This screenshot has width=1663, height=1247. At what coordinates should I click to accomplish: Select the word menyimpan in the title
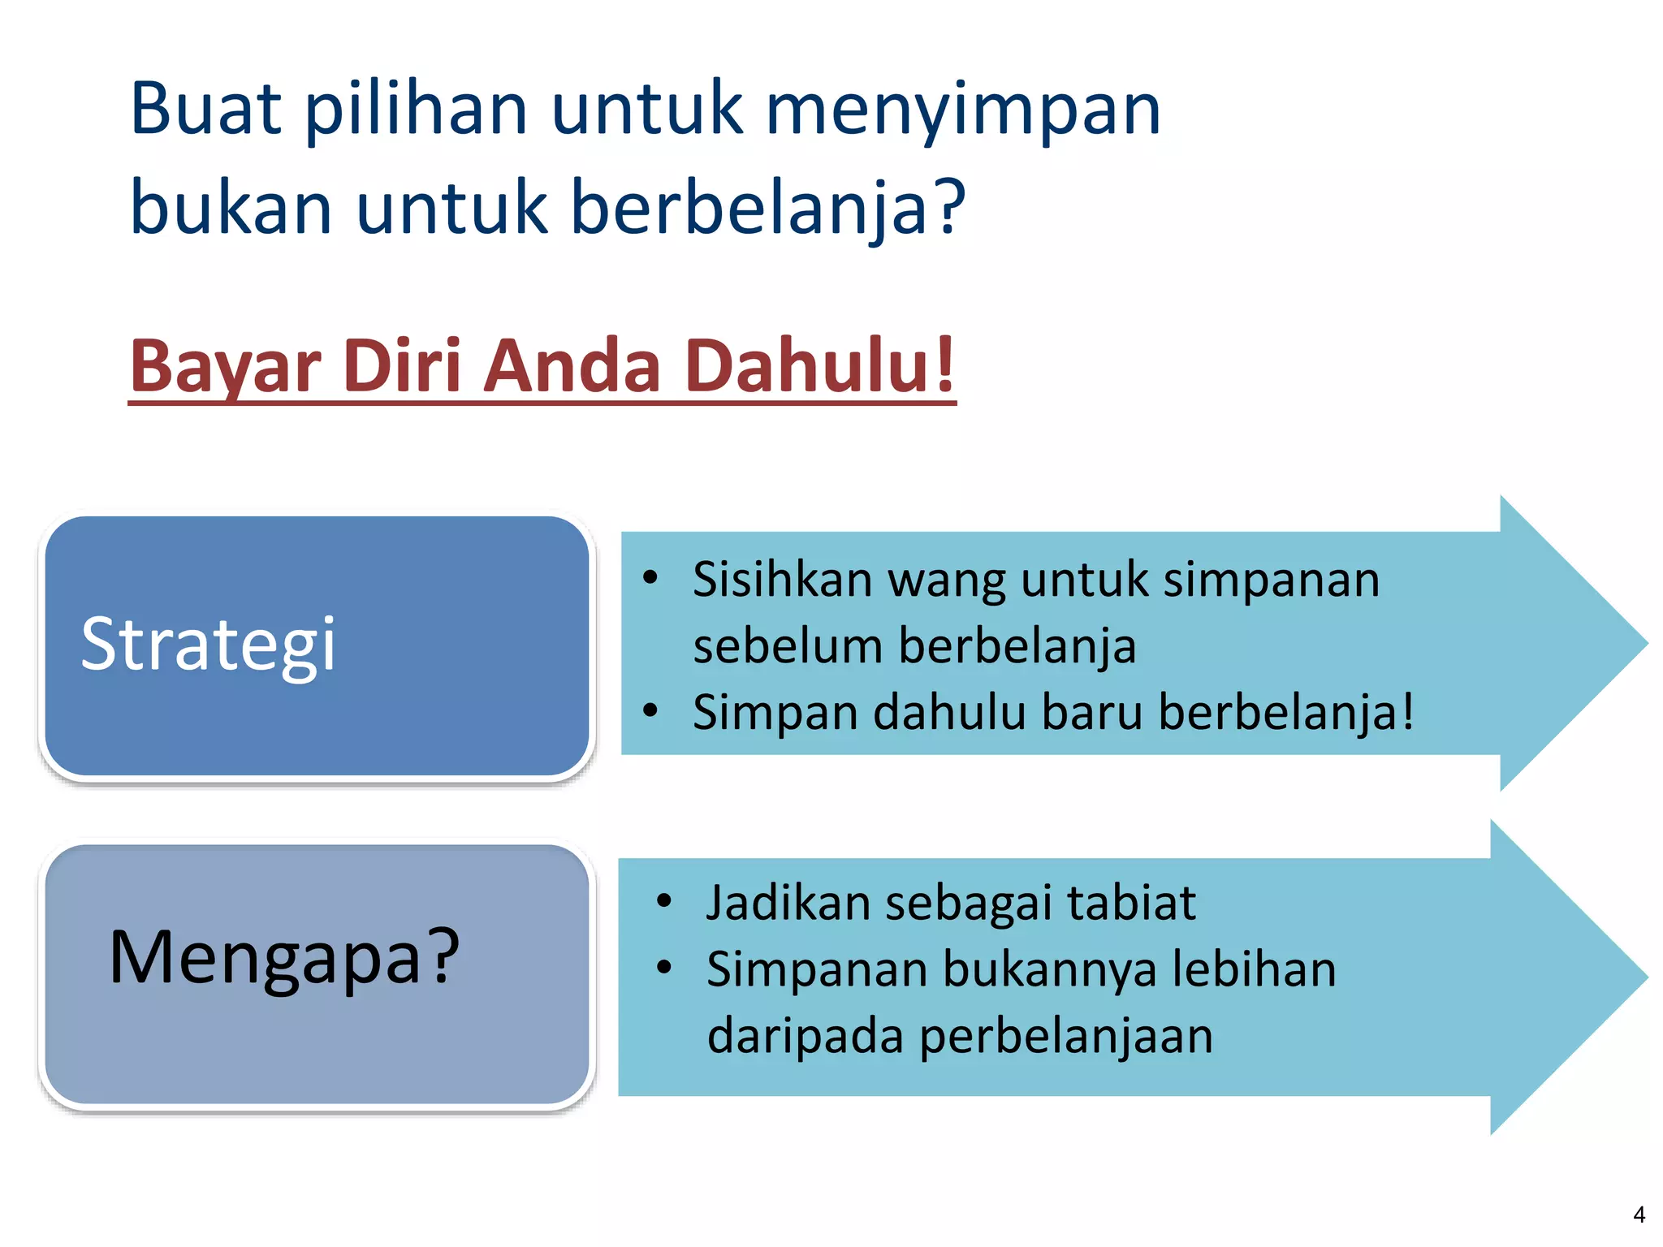963,111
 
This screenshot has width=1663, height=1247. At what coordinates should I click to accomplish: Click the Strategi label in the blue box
208,645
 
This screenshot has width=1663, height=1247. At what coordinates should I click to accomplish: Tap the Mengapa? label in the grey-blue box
284,958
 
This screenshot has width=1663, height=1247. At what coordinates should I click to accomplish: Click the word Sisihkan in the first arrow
782,580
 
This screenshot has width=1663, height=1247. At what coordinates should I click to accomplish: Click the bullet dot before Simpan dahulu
650,711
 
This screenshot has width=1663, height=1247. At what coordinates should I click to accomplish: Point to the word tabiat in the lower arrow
1130,903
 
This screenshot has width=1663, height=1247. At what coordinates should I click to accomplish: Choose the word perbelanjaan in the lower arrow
1066,1037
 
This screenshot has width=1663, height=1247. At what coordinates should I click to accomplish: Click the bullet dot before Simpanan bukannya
664,968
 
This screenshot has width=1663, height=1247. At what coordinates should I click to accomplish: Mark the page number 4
1639,1215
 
